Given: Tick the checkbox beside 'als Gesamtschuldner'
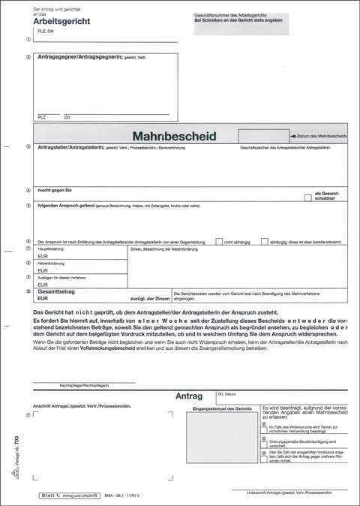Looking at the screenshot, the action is tap(308, 197).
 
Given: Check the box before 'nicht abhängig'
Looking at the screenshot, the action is tap(218, 241).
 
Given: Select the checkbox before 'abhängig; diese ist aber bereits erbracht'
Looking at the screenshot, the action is tap(264, 241).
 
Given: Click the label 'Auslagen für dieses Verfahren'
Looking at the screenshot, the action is tap(62, 278).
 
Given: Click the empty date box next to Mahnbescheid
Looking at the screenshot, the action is tap(261, 136).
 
